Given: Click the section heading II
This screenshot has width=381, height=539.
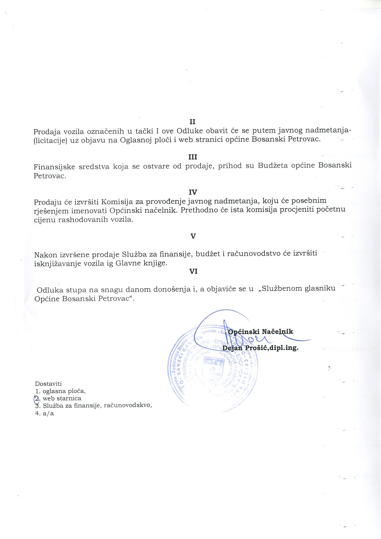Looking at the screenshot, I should pyautogui.click(x=192, y=122).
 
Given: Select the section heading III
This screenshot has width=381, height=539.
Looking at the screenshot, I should pyautogui.click(x=193, y=157).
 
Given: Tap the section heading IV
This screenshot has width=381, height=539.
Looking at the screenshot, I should pyautogui.click(x=193, y=192).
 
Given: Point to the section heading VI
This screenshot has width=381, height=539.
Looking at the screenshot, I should pyautogui.click(x=193, y=271).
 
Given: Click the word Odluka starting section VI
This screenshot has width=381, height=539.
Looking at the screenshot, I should pyautogui.click(x=50, y=290).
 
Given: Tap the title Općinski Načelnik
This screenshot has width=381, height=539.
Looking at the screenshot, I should pyautogui.click(x=261, y=332).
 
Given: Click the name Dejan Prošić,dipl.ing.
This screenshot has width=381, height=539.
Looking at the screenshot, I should pyautogui.click(x=260, y=348).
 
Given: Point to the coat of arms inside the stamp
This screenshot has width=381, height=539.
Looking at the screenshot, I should pyautogui.click(x=214, y=369).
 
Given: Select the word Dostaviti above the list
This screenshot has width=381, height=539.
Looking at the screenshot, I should pyautogui.click(x=48, y=384).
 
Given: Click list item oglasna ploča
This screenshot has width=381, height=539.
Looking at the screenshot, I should pyautogui.click(x=64, y=391).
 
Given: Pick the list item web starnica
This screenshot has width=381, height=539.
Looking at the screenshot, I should pyautogui.click(x=62, y=398).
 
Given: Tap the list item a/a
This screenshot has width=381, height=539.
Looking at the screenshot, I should pyautogui.click(x=48, y=413).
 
